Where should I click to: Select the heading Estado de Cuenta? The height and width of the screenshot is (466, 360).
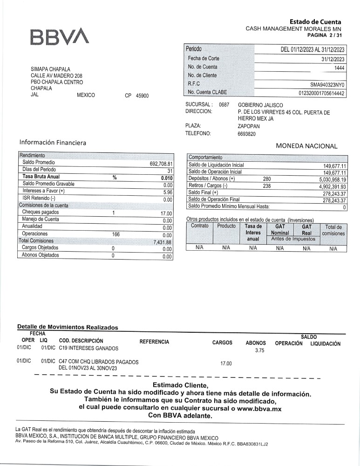(x=315, y=22)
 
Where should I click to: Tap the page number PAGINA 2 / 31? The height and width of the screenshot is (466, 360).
(x=325, y=35)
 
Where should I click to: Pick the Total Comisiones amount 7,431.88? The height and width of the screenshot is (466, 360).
(x=163, y=242)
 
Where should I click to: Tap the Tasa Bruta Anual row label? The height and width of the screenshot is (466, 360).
(x=41, y=177)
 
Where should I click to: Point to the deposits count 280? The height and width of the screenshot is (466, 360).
(x=267, y=179)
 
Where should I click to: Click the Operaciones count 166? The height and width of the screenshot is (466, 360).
(x=116, y=234)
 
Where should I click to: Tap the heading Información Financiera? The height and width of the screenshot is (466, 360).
(x=53, y=142)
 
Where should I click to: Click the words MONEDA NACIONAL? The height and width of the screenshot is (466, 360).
(x=306, y=146)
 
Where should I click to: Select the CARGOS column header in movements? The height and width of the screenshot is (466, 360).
(x=222, y=343)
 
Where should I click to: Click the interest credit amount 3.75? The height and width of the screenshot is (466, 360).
(x=260, y=351)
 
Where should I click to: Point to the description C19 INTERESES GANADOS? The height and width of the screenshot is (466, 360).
(x=88, y=348)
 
